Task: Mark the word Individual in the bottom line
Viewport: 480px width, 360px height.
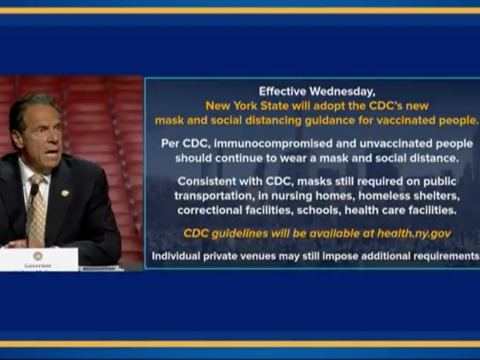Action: (x=175, y=256)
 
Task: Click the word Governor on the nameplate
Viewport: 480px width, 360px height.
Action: (x=38, y=265)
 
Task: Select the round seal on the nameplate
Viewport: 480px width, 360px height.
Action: (x=37, y=256)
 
